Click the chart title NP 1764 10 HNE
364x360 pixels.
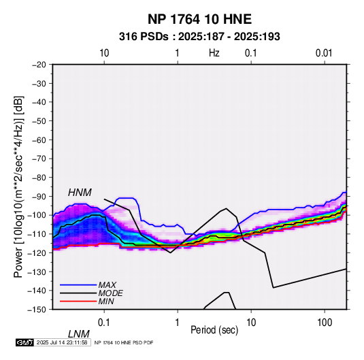(x=199, y=19)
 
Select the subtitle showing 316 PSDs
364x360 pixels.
(x=199, y=37)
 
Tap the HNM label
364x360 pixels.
(x=80, y=193)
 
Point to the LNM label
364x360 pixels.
(x=78, y=334)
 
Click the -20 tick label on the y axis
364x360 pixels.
(x=39, y=65)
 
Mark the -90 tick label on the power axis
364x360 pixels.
(x=39, y=196)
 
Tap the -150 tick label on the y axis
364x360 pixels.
(x=37, y=310)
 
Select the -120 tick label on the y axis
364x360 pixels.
(x=37, y=252)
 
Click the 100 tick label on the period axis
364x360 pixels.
(x=325, y=323)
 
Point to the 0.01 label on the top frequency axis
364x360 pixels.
(x=324, y=53)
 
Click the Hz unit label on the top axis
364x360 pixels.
(x=214, y=53)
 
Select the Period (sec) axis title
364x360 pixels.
(x=214, y=330)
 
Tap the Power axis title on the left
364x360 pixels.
(x=18, y=187)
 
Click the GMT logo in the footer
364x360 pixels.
(x=25, y=342)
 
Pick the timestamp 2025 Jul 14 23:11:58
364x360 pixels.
(x=62, y=342)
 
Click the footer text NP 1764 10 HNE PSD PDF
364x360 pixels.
(x=124, y=342)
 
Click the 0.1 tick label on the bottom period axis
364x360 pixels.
(x=104, y=323)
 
